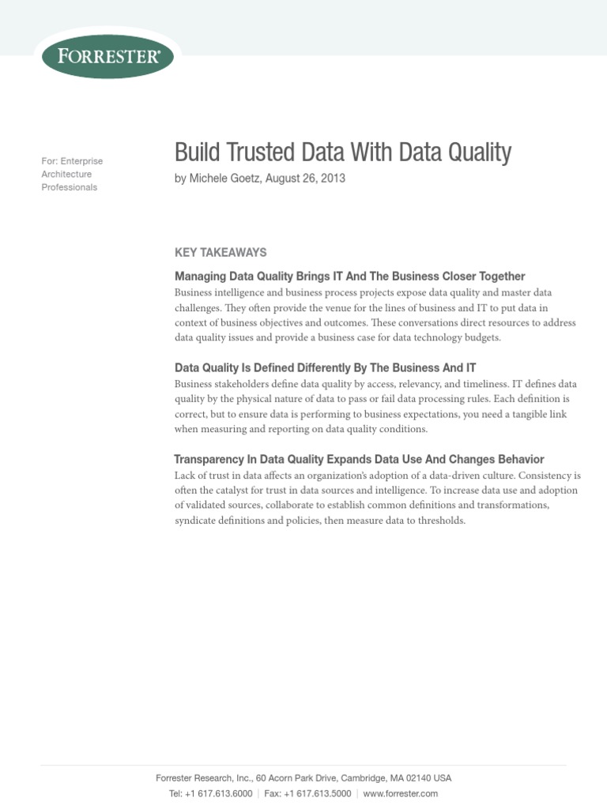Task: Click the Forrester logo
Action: coord(107,55)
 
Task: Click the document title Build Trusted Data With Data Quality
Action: coord(343,152)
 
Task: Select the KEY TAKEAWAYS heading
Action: coord(221,253)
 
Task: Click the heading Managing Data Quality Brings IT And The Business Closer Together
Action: coord(349,277)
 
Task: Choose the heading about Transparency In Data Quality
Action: coord(359,460)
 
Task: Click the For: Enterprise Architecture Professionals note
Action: coord(72,174)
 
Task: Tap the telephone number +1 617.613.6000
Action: coord(218,793)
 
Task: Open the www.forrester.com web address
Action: coord(400,793)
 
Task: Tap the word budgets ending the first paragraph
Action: coord(482,338)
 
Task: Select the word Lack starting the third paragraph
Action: coord(185,476)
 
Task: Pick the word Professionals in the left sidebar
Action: coord(70,187)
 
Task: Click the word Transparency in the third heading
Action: coord(208,460)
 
